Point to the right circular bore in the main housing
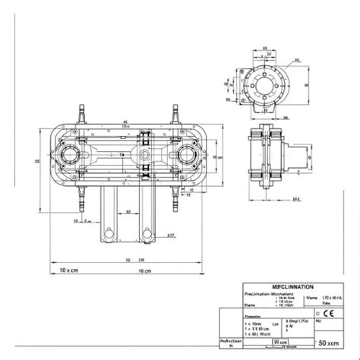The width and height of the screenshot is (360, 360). [x=188, y=157]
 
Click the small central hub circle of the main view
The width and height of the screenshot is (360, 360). [x=144, y=157]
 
